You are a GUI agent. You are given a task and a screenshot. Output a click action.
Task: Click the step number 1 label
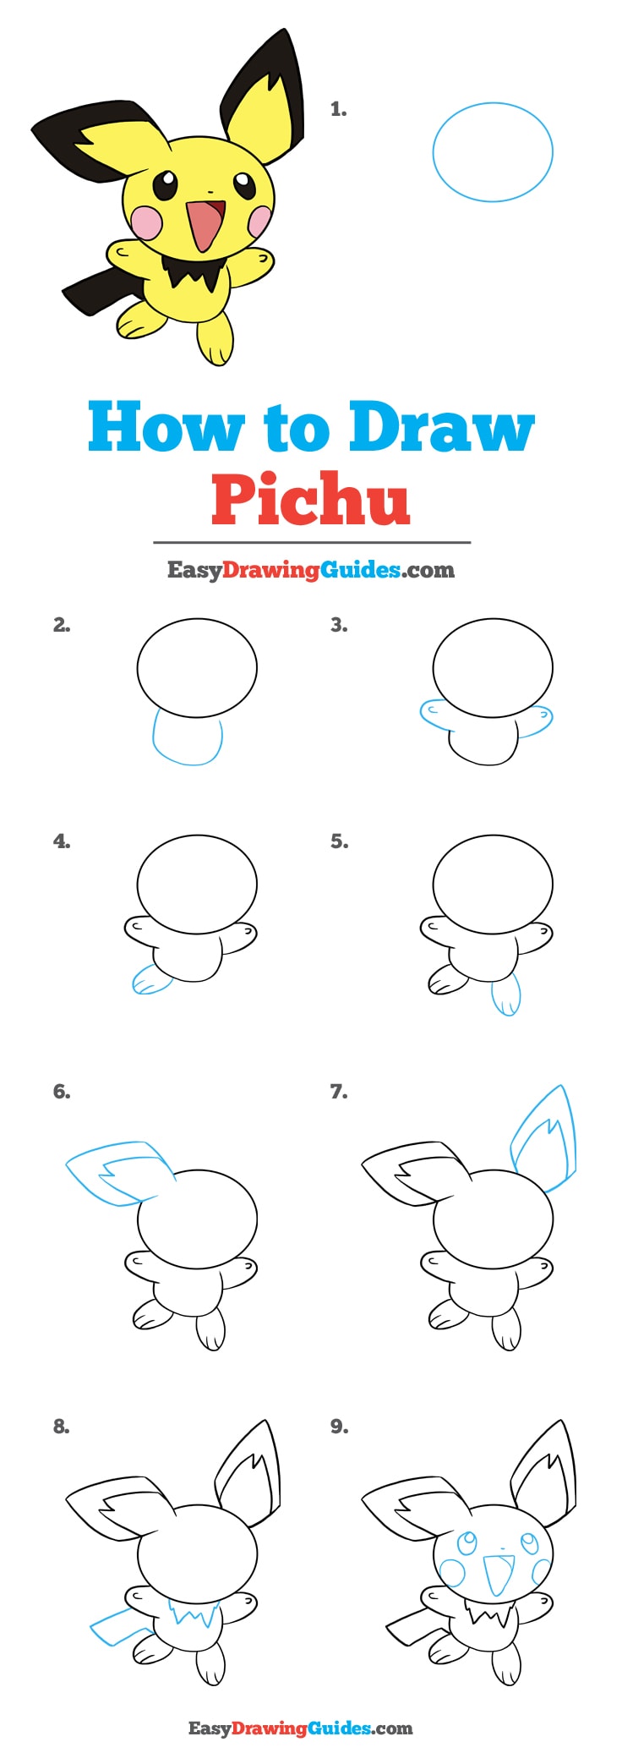pos(338,109)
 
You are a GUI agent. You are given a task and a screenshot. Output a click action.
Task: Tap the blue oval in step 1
pos(493,152)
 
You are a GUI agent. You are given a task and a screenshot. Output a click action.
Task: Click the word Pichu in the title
pos(310,499)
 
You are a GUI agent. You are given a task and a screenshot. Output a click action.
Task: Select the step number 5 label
pos(339,841)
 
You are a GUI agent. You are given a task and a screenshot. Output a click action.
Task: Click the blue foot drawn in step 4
pos(150,980)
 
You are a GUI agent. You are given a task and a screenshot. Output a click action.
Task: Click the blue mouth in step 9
pos(499,1573)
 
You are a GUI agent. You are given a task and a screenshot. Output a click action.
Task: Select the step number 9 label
pos(339,1427)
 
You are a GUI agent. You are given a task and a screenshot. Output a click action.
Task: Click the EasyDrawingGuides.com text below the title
pos(310,570)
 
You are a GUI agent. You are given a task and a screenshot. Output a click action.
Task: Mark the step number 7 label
pos(339,1092)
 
